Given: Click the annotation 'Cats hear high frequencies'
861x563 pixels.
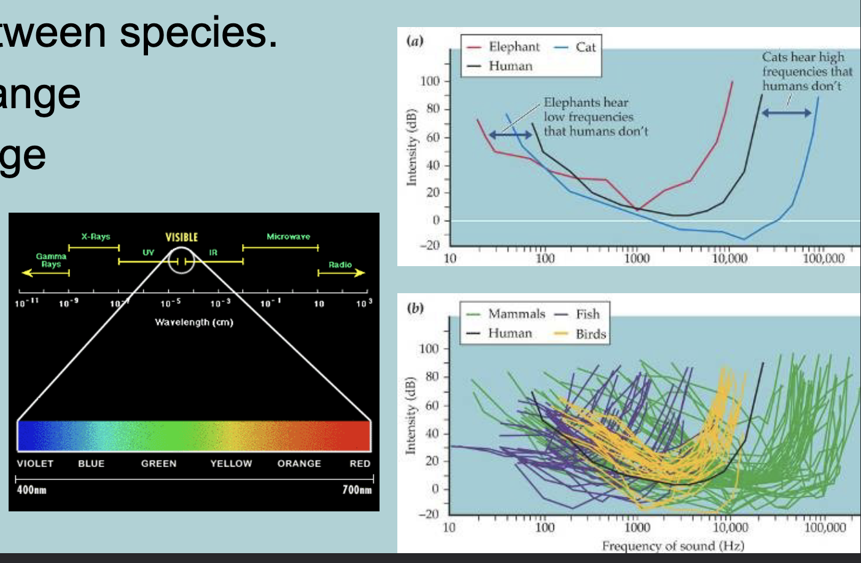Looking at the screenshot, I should point(806,71).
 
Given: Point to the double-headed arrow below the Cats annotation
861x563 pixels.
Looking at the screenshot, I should point(787,112).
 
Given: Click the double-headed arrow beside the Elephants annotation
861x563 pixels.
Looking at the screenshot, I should point(510,135).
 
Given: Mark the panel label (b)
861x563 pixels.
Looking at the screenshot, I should point(415,308).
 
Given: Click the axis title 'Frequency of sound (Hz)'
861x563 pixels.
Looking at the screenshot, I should point(672,545).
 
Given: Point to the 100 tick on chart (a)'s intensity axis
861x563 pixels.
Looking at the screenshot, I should point(430,81).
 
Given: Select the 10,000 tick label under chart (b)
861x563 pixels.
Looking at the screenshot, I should point(730,527).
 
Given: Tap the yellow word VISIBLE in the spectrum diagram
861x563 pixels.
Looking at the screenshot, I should point(182,237).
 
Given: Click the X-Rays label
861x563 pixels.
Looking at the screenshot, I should point(96,237).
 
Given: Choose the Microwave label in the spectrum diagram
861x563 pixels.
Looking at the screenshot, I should point(288,237).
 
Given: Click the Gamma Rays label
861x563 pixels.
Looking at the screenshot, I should point(51,260).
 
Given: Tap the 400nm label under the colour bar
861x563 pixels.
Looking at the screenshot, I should point(31,490).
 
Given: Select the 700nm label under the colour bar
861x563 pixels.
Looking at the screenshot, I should point(357,490).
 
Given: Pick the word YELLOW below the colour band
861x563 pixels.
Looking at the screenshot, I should point(231,463).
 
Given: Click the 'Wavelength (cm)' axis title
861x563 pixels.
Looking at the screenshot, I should point(194,322).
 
